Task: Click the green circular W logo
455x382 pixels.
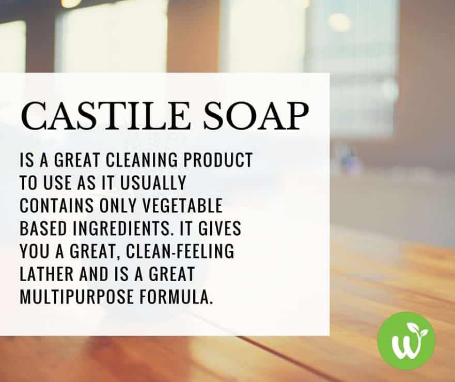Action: point(406,340)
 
